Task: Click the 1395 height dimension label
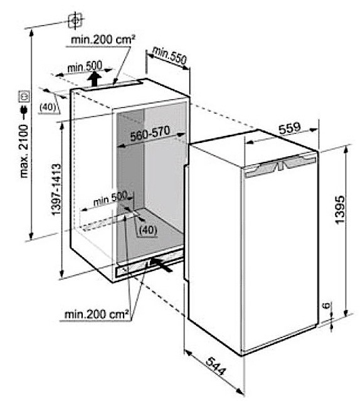click(x=341, y=209)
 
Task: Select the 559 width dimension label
click(x=289, y=128)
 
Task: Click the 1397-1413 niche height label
click(x=56, y=189)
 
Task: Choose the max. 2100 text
click(x=24, y=151)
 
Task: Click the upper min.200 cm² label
click(x=103, y=40)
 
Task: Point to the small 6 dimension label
click(x=326, y=305)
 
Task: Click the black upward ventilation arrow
click(x=95, y=78)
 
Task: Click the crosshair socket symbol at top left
click(x=75, y=20)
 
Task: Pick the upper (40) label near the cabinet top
click(x=48, y=107)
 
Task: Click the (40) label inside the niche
click(x=147, y=230)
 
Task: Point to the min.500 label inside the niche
click(x=110, y=198)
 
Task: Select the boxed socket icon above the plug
click(x=24, y=97)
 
